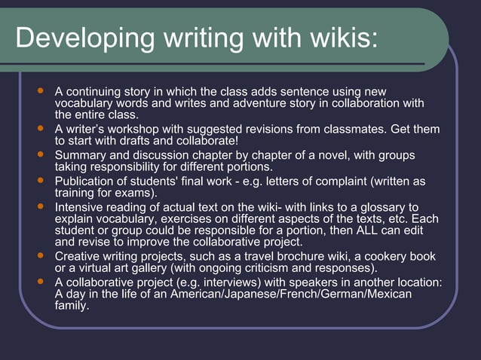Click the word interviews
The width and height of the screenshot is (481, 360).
pos(225,282)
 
